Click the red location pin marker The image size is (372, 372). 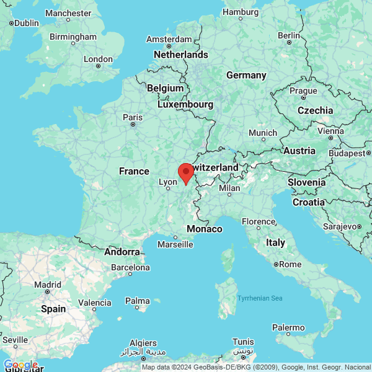point(185,172)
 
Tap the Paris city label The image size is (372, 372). point(133,117)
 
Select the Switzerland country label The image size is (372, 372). point(215,168)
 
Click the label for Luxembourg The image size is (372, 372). point(185,105)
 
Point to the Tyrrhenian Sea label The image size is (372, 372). point(260,299)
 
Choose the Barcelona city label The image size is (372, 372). point(130,268)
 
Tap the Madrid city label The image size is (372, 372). point(48,285)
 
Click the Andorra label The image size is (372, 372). point(122,252)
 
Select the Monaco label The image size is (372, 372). point(204,229)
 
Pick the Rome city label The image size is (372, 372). point(290,264)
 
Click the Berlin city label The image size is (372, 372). point(289,35)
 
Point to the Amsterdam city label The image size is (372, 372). point(169,39)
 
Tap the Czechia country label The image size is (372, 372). point(315,110)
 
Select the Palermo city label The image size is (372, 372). point(289,327)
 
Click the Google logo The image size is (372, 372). point(20,365)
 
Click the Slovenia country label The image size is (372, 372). point(306,182)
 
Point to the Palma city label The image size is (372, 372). point(138,301)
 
